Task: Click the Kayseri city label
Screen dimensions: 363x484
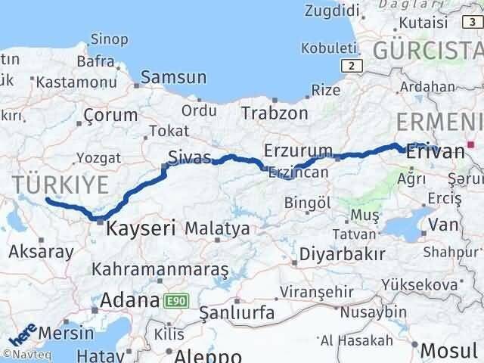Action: tap(141, 227)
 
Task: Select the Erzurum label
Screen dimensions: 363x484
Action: tap(299, 148)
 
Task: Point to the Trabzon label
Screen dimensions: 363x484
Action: tap(275, 113)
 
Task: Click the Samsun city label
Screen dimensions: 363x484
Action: tap(174, 77)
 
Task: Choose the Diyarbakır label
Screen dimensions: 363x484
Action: tap(343, 253)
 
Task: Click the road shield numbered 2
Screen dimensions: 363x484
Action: tap(349, 67)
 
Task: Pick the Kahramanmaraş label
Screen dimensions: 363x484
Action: tap(160, 268)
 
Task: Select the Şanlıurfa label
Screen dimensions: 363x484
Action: tap(237, 312)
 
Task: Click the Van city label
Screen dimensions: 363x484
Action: tap(442, 225)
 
